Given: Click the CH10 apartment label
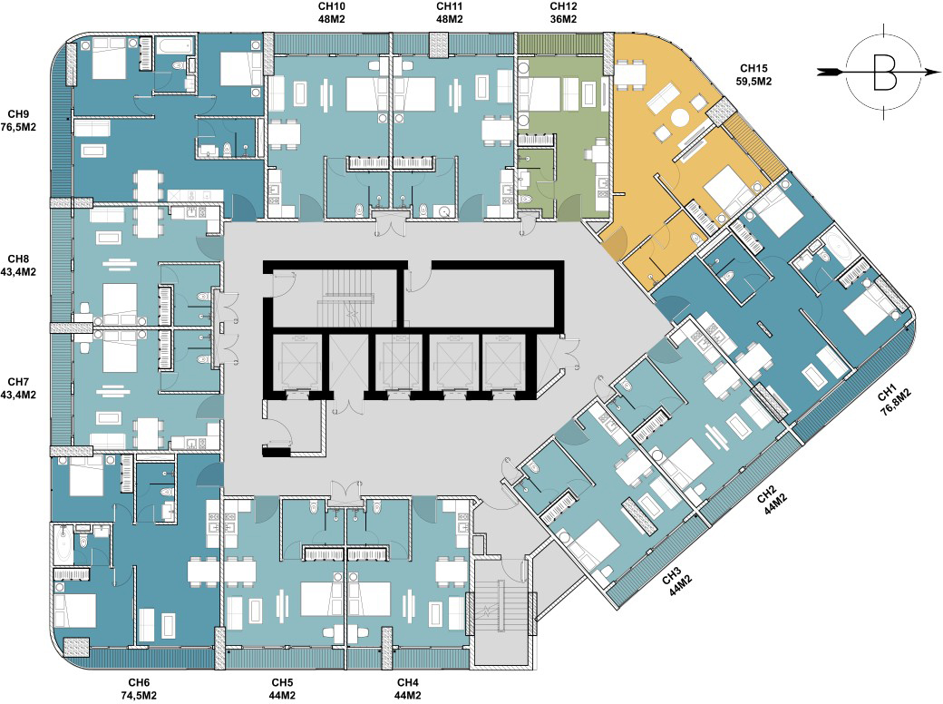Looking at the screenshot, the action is tap(331, 13).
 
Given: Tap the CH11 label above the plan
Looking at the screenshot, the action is tap(449, 13).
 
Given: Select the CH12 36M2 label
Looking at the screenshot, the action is tap(563, 13).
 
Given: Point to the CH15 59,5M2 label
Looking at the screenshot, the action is tap(753, 74).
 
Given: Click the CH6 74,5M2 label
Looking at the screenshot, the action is tap(139, 689).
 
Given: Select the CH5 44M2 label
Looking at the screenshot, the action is tap(282, 689).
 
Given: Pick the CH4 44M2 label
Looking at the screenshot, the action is tap(408, 689).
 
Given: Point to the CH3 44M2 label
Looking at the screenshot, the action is tap(676, 582).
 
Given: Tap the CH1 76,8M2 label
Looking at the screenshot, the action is tap(894, 401).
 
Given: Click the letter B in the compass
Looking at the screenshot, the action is tap(885, 72).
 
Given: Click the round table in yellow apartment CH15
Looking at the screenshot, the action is tap(680, 117).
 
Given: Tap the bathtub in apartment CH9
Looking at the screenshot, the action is tap(174, 45).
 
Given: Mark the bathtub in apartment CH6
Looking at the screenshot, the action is tap(63, 543).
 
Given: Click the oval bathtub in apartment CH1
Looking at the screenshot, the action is tap(840, 248).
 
